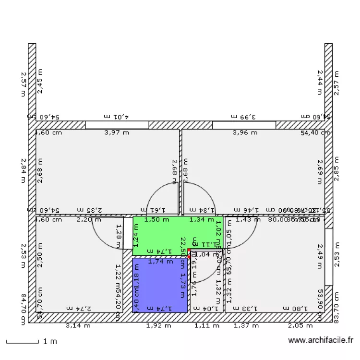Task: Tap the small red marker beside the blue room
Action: [x=189, y=254]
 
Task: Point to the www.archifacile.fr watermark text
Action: [x=321, y=341]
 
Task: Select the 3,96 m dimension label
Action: [x=245, y=133]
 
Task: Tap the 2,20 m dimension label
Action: [x=89, y=220]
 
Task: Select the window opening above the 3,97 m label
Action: [x=117, y=125]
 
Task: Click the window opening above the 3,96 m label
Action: [x=244, y=125]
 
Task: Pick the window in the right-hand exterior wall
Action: [x=329, y=256]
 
